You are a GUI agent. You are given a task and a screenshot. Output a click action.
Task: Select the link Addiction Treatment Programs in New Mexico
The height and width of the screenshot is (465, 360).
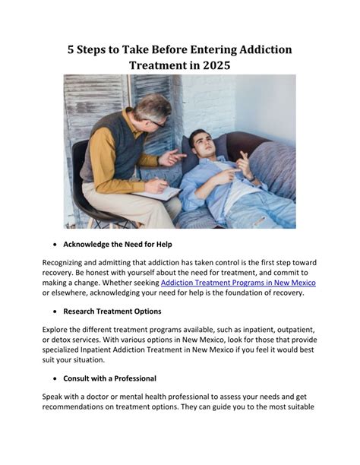238,282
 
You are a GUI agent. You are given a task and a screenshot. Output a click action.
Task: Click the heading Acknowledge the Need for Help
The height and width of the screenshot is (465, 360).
117,245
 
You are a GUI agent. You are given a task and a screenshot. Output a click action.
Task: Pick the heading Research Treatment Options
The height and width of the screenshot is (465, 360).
112,311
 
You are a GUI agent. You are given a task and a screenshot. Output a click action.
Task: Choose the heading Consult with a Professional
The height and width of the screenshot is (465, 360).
109,378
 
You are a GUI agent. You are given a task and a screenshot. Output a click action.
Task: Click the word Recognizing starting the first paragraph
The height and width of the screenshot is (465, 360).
68,262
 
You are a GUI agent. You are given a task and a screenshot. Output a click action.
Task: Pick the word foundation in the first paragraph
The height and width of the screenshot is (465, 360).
238,293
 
